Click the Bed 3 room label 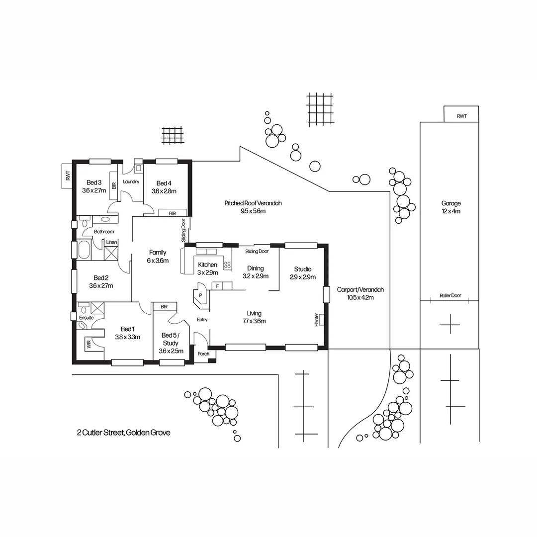point(94,182)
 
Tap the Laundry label point(131,181)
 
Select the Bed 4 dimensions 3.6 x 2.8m point(164,191)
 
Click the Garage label point(451,203)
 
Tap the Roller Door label point(450,295)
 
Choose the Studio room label point(302,269)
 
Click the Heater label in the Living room point(317,319)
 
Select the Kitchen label point(207,265)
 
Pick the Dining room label point(255,268)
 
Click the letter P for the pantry point(200,295)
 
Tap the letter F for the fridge point(217,286)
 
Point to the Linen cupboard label point(111,242)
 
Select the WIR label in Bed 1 point(88,343)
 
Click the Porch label point(203,354)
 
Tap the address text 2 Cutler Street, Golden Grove point(124,433)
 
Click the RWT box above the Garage point(461,116)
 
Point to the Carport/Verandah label point(360,289)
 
